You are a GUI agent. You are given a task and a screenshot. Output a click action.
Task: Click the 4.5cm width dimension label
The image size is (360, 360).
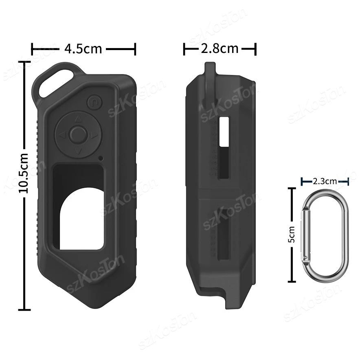[x=83, y=49]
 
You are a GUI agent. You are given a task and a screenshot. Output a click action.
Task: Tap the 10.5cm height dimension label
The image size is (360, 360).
[x=24, y=173]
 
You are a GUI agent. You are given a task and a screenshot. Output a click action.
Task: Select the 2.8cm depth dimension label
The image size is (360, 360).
[x=220, y=48]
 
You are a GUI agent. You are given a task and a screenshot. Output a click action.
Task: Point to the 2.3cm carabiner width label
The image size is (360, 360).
[x=325, y=181]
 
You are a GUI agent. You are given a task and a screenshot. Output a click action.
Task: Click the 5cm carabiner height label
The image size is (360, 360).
[x=291, y=234]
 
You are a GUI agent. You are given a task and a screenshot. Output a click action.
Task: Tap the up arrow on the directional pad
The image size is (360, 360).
[x=78, y=119]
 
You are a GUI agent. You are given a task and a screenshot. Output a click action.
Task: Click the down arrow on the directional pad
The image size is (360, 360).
[x=78, y=151]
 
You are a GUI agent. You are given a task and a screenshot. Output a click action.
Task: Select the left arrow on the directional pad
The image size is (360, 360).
[x=62, y=135]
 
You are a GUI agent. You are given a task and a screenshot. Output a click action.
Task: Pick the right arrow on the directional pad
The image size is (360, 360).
[x=94, y=135]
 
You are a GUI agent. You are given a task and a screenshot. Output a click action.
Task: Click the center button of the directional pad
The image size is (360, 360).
[x=78, y=135]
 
